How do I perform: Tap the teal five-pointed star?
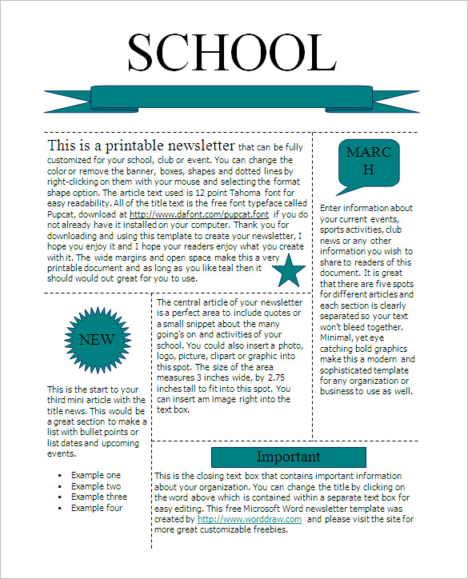pyautogui.click(x=289, y=273)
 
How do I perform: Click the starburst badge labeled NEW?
pyautogui.click(x=97, y=340)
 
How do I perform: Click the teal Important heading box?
pyautogui.click(x=288, y=457)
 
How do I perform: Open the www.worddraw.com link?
pyautogui.click(x=250, y=518)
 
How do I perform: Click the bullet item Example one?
pyautogui.click(x=96, y=475)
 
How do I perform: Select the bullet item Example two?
pyautogui.click(x=96, y=486)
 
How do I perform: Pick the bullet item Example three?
pyautogui.click(x=98, y=497)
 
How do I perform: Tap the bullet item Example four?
pyautogui.click(x=97, y=508)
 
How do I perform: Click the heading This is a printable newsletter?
pyautogui.click(x=142, y=146)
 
